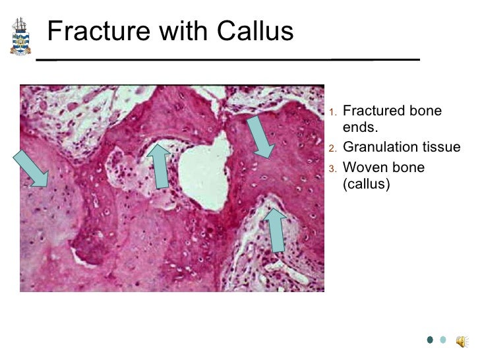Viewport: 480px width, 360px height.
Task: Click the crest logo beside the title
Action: pos(20,36)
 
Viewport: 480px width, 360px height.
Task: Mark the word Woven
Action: pos(365,167)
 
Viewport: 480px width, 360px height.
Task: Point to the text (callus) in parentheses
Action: pos(367,184)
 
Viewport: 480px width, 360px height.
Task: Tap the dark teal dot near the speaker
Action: pos(429,340)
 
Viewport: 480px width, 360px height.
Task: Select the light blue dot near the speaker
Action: pos(443,340)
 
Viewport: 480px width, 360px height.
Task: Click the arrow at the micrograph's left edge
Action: pos(32,168)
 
